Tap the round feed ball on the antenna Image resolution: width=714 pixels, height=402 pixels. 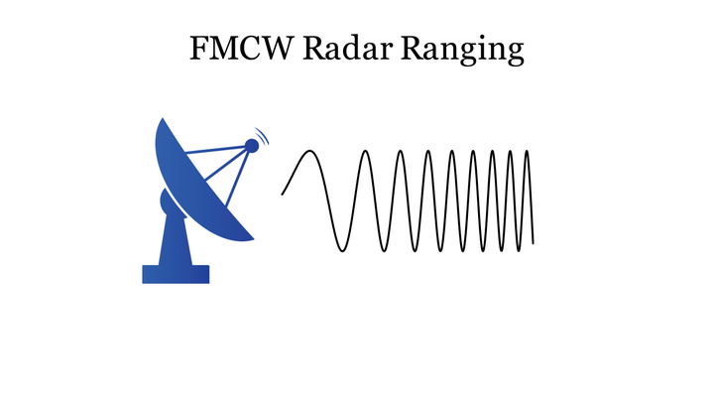(252, 146)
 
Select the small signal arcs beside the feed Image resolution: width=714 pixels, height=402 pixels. (263, 135)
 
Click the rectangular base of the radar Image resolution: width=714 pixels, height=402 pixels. (176, 273)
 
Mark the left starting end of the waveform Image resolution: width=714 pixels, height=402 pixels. (283, 194)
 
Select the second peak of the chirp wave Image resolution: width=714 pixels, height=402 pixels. (367, 151)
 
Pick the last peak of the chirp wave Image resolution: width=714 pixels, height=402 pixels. (527, 151)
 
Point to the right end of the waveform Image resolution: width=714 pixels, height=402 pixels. (534, 242)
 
